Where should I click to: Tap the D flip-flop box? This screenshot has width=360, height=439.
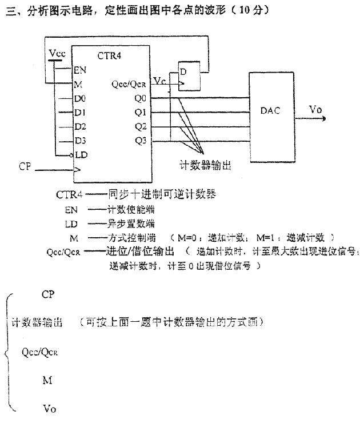pos(190,76)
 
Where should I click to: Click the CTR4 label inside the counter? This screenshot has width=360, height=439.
pos(110,55)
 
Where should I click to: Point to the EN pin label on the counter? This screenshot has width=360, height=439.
pos(80,71)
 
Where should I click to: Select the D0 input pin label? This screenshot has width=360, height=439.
pos(80,99)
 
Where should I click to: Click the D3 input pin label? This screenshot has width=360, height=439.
pos(80,140)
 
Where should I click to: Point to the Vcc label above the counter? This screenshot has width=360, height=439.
pos(57,54)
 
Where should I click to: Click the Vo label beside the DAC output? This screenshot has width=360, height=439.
pos(315,109)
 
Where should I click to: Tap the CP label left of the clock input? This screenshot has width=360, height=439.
pos(25,166)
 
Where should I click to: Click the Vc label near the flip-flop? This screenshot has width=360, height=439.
pos(160,82)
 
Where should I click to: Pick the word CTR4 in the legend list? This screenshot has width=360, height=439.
pos(69,194)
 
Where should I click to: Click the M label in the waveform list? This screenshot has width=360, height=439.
pos(47,379)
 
